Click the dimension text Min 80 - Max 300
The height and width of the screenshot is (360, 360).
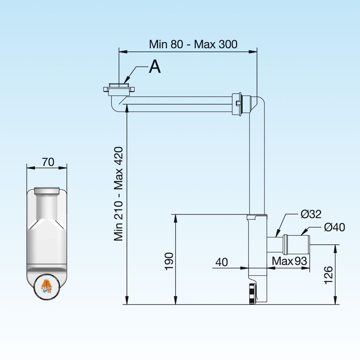click(x=193, y=44)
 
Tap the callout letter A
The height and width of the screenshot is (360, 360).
click(x=155, y=67)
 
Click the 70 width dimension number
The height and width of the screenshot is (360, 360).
click(x=48, y=162)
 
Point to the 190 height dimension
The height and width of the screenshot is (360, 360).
click(x=169, y=261)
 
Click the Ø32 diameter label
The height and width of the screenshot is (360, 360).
click(x=311, y=214)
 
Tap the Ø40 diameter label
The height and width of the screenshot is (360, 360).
click(x=334, y=227)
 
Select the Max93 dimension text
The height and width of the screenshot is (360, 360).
click(x=289, y=261)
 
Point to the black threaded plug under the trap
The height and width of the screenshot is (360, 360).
click(x=252, y=293)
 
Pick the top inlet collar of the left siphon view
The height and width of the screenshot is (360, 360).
click(x=47, y=190)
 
